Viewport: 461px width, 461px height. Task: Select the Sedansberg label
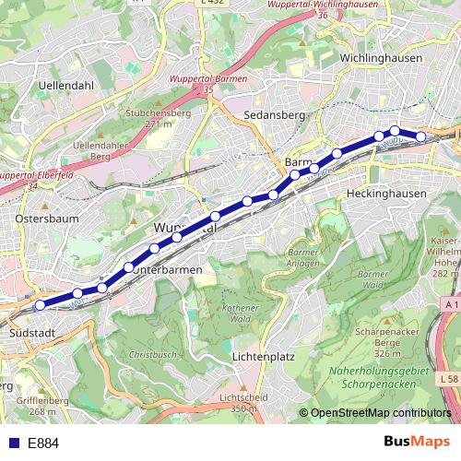(275, 116)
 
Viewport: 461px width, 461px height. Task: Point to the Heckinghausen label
(386, 194)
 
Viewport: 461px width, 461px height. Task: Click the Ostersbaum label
(47, 219)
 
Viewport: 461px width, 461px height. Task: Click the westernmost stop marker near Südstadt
(40, 305)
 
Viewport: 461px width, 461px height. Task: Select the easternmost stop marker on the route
(421, 137)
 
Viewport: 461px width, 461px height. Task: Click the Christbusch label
(150, 353)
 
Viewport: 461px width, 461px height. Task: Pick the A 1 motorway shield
(448, 303)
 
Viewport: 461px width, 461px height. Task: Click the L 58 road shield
(448, 379)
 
